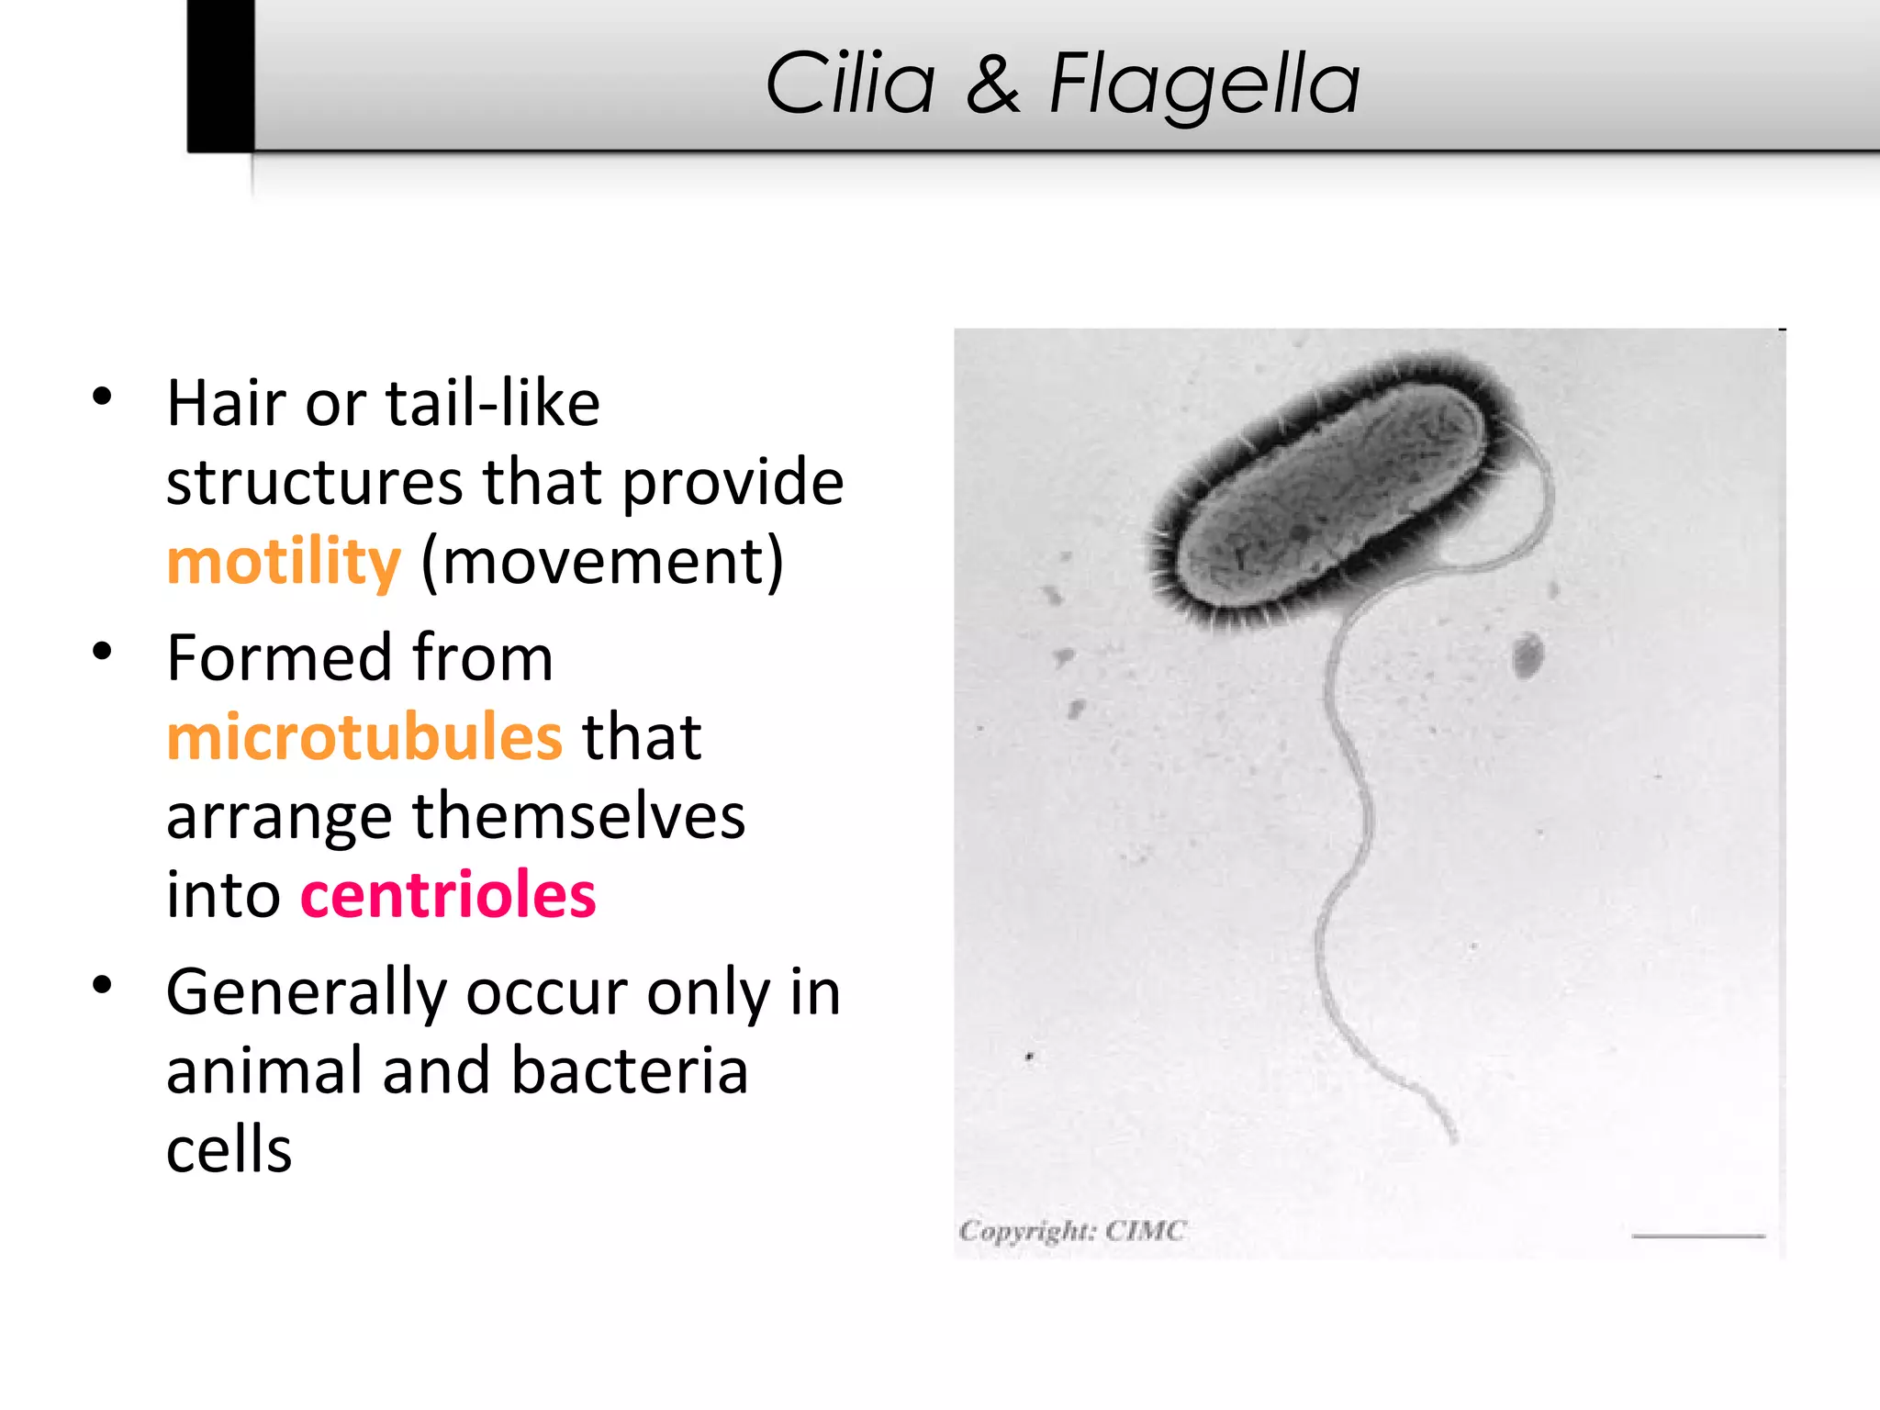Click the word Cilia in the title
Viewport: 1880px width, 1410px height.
850,84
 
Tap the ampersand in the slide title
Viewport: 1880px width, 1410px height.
992,84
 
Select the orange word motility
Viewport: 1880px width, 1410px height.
284,562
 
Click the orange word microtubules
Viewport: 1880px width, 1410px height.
364,737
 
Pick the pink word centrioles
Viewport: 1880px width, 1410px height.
448,895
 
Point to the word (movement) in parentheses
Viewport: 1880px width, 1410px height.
602,562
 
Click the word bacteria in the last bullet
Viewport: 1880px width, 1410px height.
629,1071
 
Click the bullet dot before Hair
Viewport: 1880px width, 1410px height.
102,397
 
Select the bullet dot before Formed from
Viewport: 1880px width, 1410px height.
102,652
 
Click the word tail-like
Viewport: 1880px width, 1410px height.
492,404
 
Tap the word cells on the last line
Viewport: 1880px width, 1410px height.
229,1149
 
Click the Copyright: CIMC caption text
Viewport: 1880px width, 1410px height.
1072,1230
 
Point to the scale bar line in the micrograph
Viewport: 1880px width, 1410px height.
1697,1237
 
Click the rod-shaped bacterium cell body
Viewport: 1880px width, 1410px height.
1331,491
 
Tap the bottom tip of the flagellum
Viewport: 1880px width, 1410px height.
1452,1139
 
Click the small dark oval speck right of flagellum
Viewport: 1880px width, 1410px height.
1527,655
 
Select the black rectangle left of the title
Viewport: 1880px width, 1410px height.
220,75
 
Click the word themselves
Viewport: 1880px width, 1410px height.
578,816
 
